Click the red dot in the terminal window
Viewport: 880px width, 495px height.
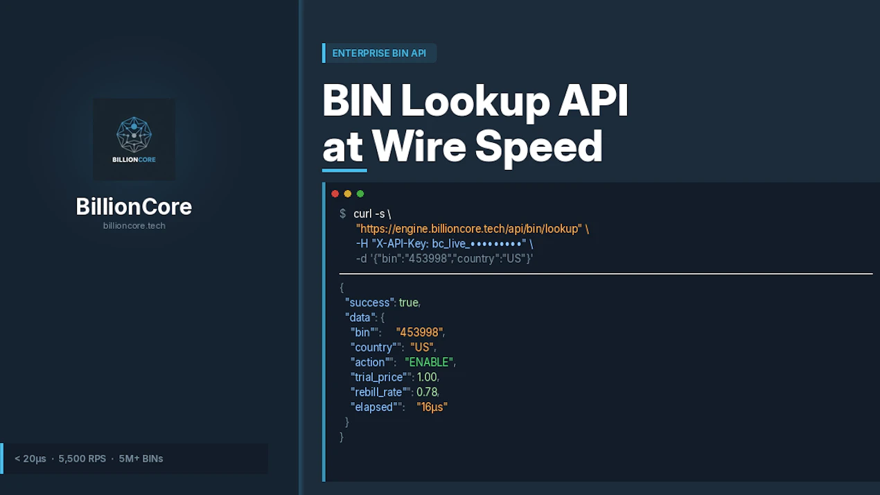pyautogui.click(x=335, y=194)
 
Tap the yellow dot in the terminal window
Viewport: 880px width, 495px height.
pyautogui.click(x=348, y=194)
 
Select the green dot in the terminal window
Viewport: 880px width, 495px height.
pyautogui.click(x=360, y=194)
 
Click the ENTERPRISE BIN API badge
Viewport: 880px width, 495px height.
pyautogui.click(x=379, y=53)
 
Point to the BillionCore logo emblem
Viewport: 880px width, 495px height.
pyautogui.click(x=134, y=134)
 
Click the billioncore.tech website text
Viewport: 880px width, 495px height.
pyautogui.click(x=134, y=226)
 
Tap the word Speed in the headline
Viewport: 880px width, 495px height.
pyautogui.click(x=538, y=147)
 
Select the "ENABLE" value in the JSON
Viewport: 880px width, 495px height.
pyautogui.click(x=429, y=362)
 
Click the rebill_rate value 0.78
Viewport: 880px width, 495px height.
pyautogui.click(x=427, y=392)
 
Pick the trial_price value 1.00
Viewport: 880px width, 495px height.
pyautogui.click(x=427, y=377)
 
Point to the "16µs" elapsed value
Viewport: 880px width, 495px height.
pyautogui.click(x=432, y=407)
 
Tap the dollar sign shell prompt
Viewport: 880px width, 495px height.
pyautogui.click(x=342, y=214)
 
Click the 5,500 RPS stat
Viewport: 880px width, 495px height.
pyautogui.click(x=82, y=459)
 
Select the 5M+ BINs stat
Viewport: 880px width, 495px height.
pyautogui.click(x=141, y=459)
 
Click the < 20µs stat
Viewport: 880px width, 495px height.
pyautogui.click(x=30, y=459)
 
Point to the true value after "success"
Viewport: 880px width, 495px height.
pyautogui.click(x=409, y=302)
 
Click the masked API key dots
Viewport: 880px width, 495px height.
pyautogui.click(x=496, y=244)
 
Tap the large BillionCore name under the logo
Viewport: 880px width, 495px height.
pyautogui.click(x=134, y=207)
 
